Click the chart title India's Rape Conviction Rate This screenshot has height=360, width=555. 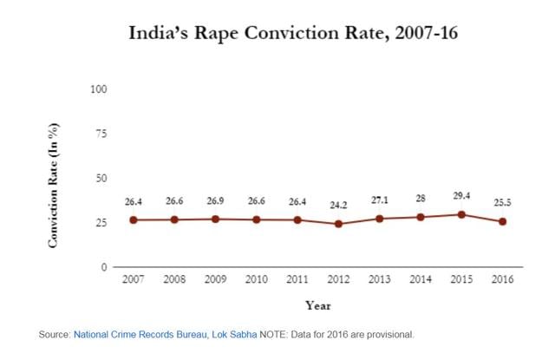click(277, 34)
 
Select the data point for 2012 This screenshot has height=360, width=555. click(338, 224)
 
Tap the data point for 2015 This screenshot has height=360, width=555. click(461, 214)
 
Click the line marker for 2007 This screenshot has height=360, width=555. click(133, 219)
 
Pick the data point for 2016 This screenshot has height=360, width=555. click(502, 221)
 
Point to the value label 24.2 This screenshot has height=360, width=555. click(338, 206)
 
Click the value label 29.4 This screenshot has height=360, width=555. click(461, 197)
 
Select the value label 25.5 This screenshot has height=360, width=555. click(502, 203)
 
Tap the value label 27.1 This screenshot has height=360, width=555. click(379, 200)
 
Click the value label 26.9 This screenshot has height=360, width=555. click(215, 200)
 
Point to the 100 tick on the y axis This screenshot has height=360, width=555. click(99, 89)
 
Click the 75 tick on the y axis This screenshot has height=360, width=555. click(101, 134)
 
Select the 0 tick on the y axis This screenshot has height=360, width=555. click(104, 267)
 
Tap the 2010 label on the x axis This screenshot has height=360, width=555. click(256, 280)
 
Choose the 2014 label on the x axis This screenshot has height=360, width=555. click(420, 280)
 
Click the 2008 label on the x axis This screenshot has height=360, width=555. click(174, 280)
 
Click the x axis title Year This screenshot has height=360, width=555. click(317, 305)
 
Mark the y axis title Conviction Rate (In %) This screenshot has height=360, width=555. click(54, 185)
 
